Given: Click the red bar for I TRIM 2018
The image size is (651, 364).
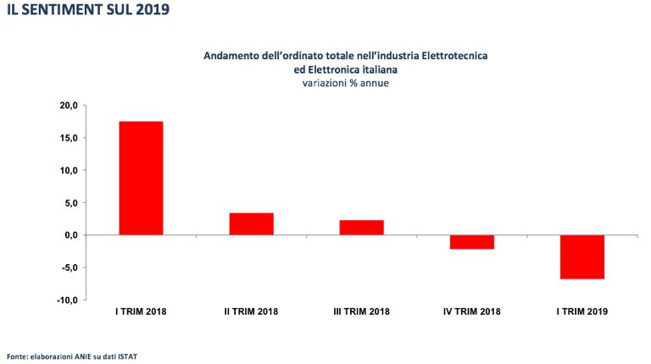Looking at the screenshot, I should pos(141,178).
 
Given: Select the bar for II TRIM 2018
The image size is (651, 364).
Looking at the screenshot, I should pos(251,223).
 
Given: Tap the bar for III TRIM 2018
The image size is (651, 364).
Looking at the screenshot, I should pos(361,227).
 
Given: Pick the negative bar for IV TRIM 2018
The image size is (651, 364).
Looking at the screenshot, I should pos(471,242).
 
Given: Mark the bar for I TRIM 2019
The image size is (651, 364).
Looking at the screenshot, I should pos(581,256).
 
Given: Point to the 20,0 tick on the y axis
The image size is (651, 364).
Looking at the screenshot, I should pos(68,105).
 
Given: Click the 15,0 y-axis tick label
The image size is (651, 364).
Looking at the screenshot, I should pos(68,138).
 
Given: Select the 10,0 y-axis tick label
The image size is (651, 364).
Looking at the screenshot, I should pos(68,170).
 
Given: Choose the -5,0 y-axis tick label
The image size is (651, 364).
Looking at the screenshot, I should pos(68,267).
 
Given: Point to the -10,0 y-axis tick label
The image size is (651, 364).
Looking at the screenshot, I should pos(66,301).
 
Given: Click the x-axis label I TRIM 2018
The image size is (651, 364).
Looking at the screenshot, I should pos(141,312).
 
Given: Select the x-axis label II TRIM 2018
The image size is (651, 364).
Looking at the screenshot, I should pos(251,312).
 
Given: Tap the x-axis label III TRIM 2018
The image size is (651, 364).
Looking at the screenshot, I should pos(361,312).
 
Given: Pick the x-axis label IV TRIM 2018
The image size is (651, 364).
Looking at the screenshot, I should pos(471,312).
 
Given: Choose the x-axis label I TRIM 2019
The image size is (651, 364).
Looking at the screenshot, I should pos(581,312).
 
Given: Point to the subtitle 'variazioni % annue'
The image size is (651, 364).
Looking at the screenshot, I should pos(345,83).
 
